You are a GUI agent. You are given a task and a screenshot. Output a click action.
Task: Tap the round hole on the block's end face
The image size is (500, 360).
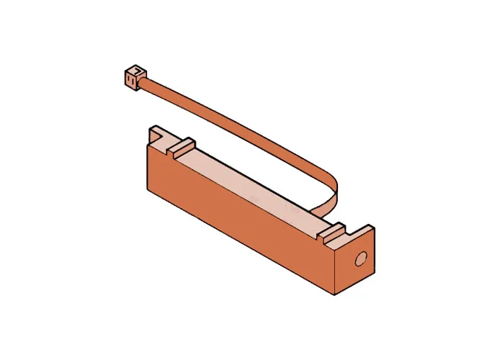tap(361, 258)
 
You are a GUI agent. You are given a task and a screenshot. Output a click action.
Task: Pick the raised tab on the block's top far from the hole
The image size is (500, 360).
tap(182, 146)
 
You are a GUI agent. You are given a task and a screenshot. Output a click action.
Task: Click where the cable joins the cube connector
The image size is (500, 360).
tap(145, 82)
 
